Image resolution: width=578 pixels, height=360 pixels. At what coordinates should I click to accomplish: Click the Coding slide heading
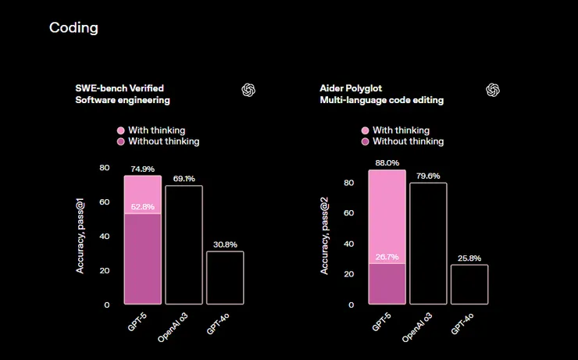coord(73,28)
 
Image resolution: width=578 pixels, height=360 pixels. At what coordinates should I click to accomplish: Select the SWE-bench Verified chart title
coord(120,87)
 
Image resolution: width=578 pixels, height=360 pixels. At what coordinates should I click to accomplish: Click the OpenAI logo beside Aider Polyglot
coord(493,90)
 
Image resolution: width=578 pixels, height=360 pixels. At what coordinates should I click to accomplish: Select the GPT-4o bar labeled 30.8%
coord(225,277)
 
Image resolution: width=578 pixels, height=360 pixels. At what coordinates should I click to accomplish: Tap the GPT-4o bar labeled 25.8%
coord(469,284)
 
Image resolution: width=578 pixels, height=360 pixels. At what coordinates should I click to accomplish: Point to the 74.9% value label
coord(142,169)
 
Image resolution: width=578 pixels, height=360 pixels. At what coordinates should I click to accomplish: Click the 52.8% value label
coord(142,207)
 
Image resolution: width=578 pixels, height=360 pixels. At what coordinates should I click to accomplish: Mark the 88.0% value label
coord(387,163)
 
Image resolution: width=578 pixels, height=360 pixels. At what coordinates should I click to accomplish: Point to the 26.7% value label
coord(387,257)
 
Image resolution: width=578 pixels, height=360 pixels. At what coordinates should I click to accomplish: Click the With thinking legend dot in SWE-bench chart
coord(120,130)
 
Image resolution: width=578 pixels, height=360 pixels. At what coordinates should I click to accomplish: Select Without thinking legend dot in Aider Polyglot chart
coord(365,141)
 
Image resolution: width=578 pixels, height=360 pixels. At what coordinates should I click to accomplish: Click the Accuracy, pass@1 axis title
coord(80,236)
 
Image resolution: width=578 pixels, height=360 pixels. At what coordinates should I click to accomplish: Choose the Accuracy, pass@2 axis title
coord(325,236)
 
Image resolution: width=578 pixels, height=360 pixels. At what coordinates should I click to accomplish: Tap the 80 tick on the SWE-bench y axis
coord(105,168)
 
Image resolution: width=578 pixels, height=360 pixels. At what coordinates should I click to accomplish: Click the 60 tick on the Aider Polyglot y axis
coord(349,213)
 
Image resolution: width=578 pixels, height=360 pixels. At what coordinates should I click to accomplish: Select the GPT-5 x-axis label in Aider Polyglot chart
coord(381,320)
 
